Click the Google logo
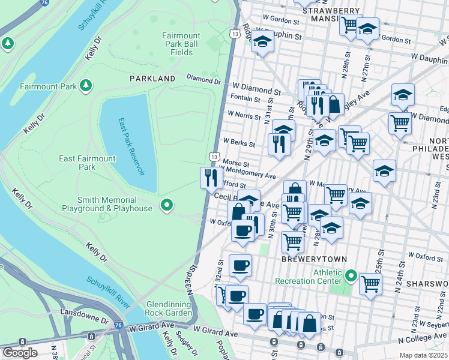20,353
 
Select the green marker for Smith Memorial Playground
167,206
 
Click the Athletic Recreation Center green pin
351,277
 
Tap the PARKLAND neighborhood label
152,79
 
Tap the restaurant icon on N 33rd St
209,177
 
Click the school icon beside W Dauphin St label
262,42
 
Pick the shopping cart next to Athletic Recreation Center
370,283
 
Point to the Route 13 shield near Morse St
214,156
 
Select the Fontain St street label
245,100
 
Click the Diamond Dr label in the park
203,79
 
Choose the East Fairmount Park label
87,163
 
